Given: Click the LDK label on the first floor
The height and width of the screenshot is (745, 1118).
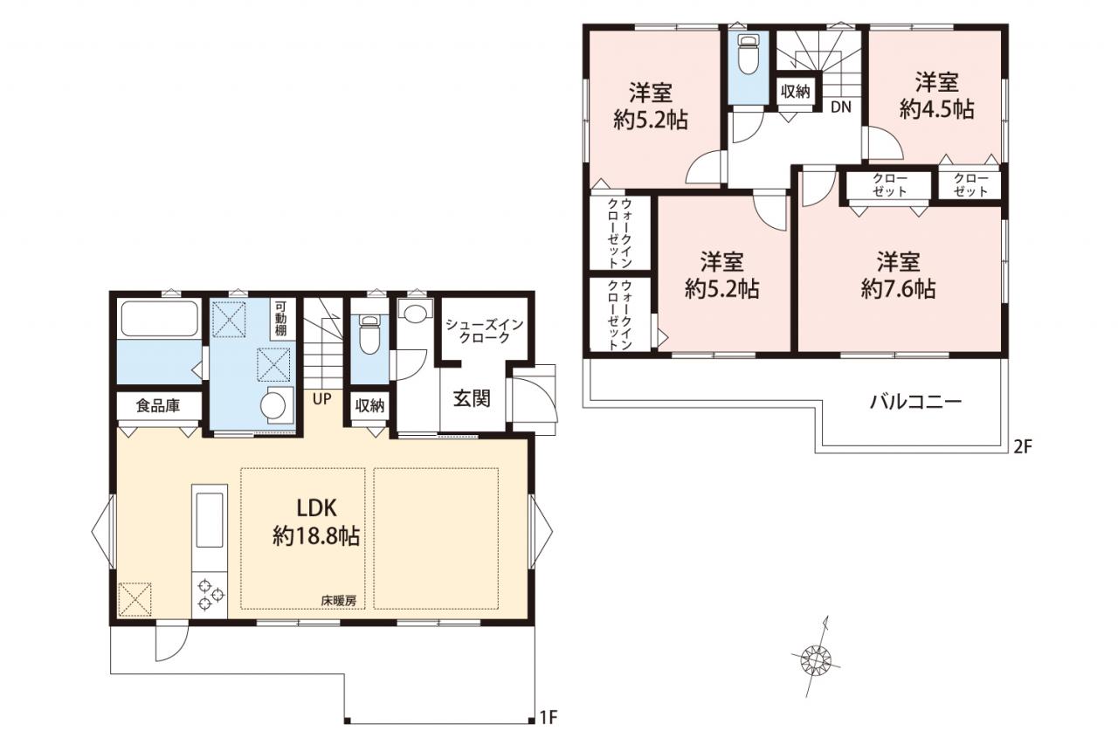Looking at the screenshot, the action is pyautogui.click(x=316, y=508).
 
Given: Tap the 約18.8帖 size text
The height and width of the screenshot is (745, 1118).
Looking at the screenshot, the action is pyautogui.click(x=316, y=536).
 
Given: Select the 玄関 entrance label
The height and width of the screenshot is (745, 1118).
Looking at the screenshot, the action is pyautogui.click(x=472, y=398).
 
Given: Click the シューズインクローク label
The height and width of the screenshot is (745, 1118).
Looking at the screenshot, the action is pyautogui.click(x=484, y=331).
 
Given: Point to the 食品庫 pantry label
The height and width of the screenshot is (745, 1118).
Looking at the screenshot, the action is pyautogui.click(x=158, y=405).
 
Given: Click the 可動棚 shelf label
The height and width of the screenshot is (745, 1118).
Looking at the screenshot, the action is pyautogui.click(x=280, y=317).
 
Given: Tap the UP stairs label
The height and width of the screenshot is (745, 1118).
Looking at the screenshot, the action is pyautogui.click(x=322, y=398).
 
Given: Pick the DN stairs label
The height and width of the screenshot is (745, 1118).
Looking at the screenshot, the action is pyautogui.click(x=841, y=107).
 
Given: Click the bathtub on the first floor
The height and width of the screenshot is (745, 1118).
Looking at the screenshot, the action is pyautogui.click(x=159, y=319).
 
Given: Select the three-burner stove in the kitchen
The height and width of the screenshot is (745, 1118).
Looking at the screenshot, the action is pyautogui.click(x=210, y=594).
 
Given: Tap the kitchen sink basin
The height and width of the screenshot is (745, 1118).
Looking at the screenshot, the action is pyautogui.click(x=209, y=520).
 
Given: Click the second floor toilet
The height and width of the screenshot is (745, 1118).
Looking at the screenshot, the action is pyautogui.click(x=748, y=55).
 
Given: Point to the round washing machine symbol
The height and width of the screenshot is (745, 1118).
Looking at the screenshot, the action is pyautogui.click(x=273, y=404).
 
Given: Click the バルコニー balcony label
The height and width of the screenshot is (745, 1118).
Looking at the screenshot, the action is pyautogui.click(x=915, y=402).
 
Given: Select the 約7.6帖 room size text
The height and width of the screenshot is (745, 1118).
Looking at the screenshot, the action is pyautogui.click(x=898, y=288).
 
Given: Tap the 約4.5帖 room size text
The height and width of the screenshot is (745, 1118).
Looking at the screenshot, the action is pyautogui.click(x=937, y=109).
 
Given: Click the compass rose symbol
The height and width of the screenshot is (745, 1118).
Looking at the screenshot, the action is pyautogui.click(x=817, y=661).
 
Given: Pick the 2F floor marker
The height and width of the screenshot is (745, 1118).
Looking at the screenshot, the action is pyautogui.click(x=1022, y=446).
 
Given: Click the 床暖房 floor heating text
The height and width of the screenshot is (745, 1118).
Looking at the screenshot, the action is pyautogui.click(x=339, y=601).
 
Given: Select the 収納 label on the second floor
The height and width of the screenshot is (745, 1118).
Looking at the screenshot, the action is pyautogui.click(x=796, y=92).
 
